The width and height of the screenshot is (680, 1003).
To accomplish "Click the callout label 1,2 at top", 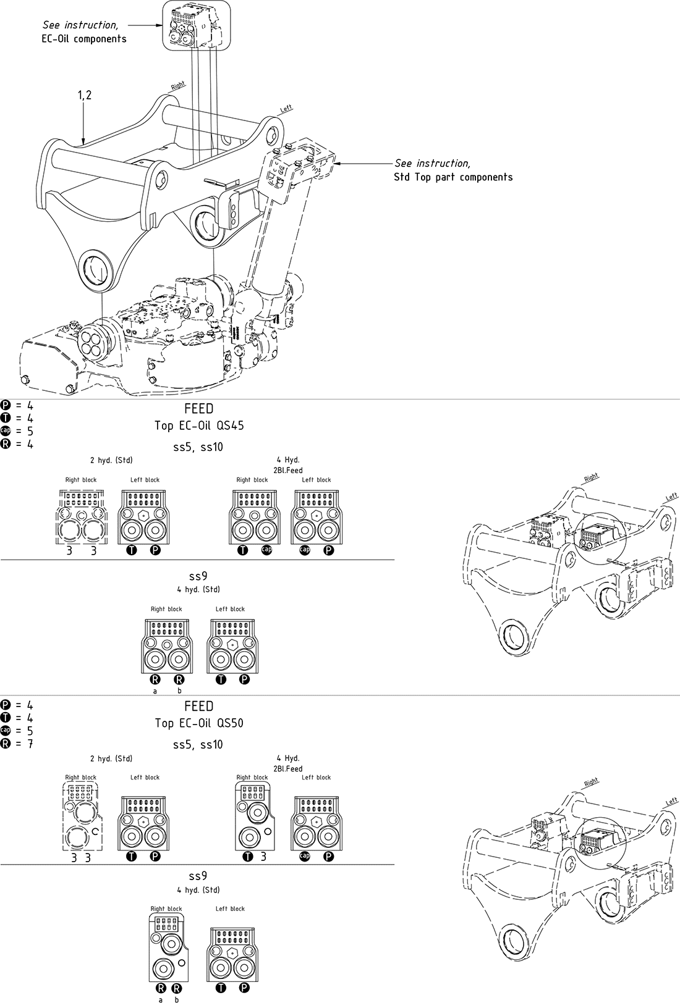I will pyautogui.click(x=85, y=95).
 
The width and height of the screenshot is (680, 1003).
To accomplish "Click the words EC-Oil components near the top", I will pyautogui.click(x=88, y=39).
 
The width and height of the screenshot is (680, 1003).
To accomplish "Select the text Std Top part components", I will pyautogui.click(x=453, y=177).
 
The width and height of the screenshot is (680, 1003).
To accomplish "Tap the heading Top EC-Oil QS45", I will pyautogui.click(x=199, y=426).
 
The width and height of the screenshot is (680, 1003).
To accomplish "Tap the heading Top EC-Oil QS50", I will pyautogui.click(x=199, y=723).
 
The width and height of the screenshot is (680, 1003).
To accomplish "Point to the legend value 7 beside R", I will pyautogui.click(x=30, y=744).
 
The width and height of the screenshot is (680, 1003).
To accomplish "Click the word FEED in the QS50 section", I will pyautogui.click(x=198, y=707).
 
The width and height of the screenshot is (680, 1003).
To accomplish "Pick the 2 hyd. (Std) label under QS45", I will pyautogui.click(x=111, y=460).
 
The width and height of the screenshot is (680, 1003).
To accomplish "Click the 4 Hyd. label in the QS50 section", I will pyautogui.click(x=287, y=758).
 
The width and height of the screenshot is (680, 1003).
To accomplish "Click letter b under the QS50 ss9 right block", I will pyautogui.click(x=177, y=999).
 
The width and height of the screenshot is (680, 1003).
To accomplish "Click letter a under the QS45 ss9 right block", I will pyautogui.click(x=155, y=691).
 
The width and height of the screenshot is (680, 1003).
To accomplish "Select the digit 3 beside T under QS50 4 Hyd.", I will pyautogui.click(x=263, y=857).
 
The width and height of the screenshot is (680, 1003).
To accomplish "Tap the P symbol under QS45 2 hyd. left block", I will pyautogui.click(x=155, y=550).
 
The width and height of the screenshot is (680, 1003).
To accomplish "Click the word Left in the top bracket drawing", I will pyautogui.click(x=286, y=109).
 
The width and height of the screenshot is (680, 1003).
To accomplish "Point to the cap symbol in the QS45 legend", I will pyautogui.click(x=6, y=430).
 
